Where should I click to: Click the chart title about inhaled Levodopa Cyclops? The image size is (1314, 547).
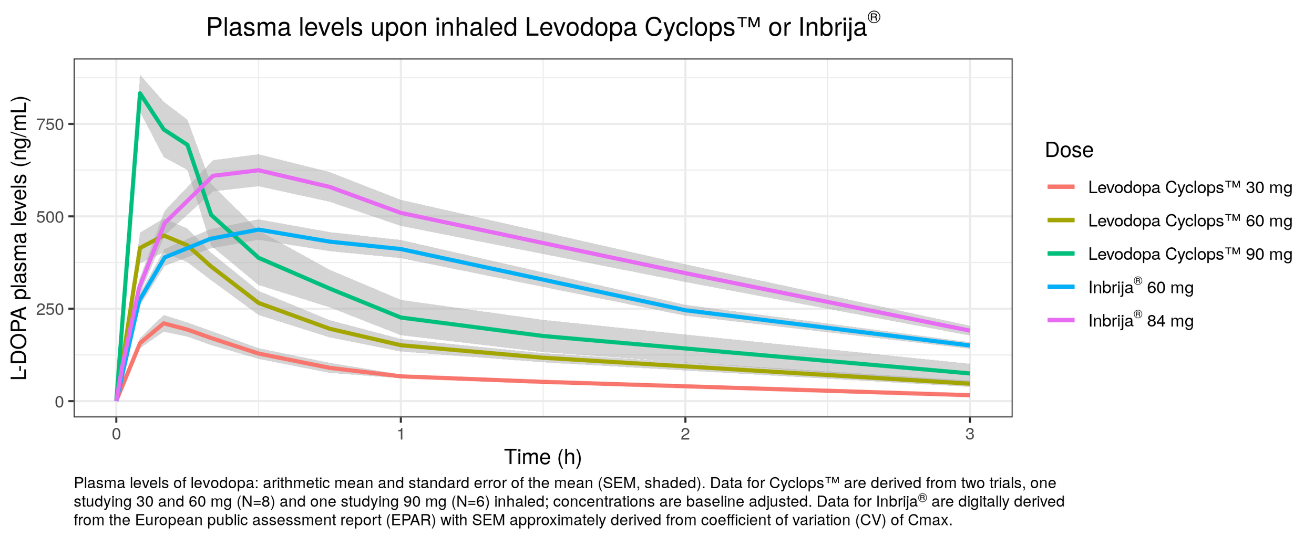coord(542,27)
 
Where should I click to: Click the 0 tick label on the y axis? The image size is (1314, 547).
coord(59,402)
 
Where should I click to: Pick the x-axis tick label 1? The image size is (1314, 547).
coord(401,434)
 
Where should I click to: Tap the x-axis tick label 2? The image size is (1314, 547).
coord(685,434)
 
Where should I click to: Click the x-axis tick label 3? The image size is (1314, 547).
coord(969,434)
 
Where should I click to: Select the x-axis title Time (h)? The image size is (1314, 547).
coord(542,457)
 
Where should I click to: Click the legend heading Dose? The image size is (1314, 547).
coord(1069,150)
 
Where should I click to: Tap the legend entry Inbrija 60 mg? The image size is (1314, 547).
coord(1141,288)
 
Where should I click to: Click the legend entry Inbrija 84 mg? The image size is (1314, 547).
coord(1141,321)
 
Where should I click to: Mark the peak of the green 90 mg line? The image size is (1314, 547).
coord(140,93)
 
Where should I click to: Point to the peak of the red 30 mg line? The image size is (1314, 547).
coord(164,323)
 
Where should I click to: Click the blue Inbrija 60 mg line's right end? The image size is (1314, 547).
coord(969,345)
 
